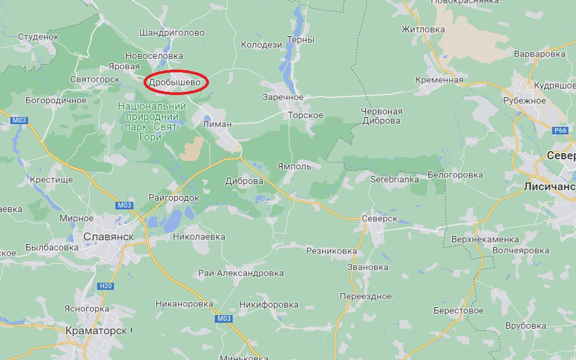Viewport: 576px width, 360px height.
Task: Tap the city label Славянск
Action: (109, 236)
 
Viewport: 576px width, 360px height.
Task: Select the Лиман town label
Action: (217, 124)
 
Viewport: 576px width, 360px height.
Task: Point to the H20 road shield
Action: (106, 286)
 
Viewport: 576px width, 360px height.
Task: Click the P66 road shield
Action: (560, 131)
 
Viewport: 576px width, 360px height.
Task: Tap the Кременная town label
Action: (439, 80)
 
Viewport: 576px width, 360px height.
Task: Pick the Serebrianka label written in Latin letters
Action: (395, 179)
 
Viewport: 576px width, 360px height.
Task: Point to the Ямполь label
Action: (294, 166)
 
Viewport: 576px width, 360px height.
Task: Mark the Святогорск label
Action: (94, 79)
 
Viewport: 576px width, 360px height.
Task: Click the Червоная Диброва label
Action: (381, 116)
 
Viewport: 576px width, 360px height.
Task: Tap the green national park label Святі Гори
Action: (152, 122)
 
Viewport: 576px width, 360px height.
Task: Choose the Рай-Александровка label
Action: (241, 273)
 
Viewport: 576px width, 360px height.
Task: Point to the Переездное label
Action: (365, 296)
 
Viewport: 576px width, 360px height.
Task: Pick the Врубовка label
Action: (525, 326)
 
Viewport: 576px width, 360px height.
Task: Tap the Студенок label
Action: (38, 37)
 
